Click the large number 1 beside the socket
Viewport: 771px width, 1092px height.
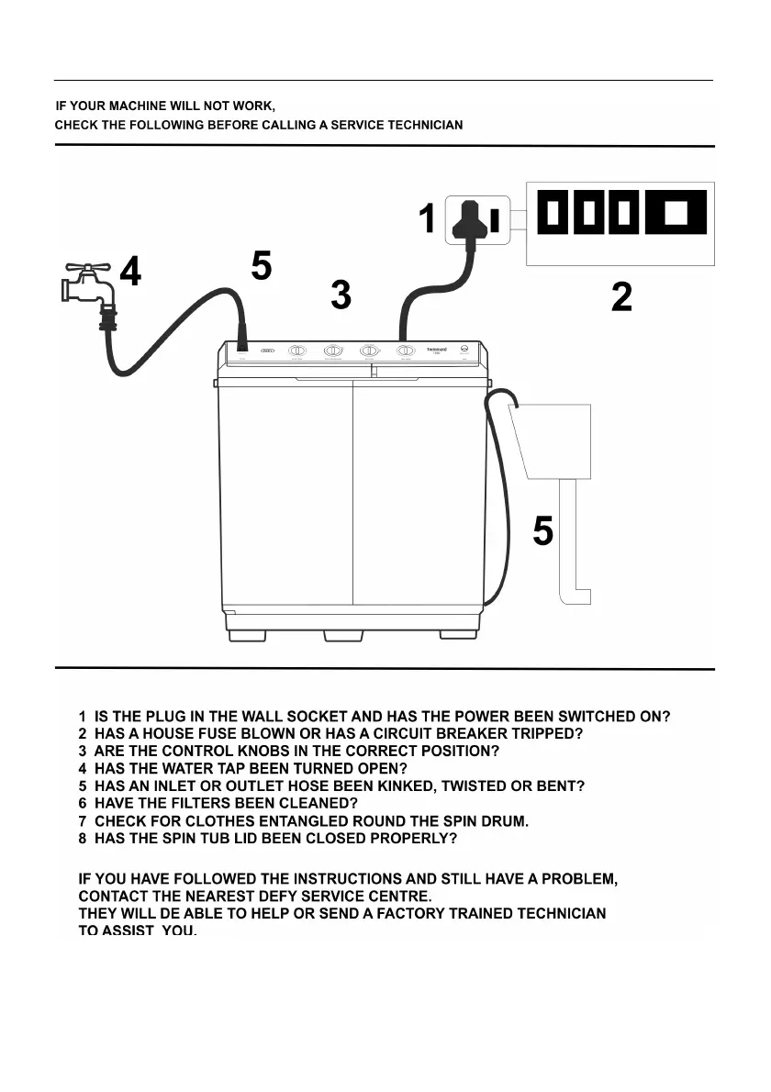[427, 220]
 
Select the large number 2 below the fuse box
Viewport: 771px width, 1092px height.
[621, 296]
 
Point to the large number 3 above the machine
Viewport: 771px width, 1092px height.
[341, 295]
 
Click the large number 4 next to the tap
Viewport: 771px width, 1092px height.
[131, 272]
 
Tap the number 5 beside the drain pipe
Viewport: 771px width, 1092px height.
[543, 530]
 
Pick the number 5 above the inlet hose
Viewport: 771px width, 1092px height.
[262, 266]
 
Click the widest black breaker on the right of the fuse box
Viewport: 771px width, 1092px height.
[676, 213]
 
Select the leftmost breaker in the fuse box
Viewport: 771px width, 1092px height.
[553, 213]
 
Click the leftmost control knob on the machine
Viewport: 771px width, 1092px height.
[297, 351]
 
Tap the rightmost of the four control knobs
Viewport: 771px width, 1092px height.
[405, 351]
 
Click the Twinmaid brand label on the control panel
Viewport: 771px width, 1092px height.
[437, 350]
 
